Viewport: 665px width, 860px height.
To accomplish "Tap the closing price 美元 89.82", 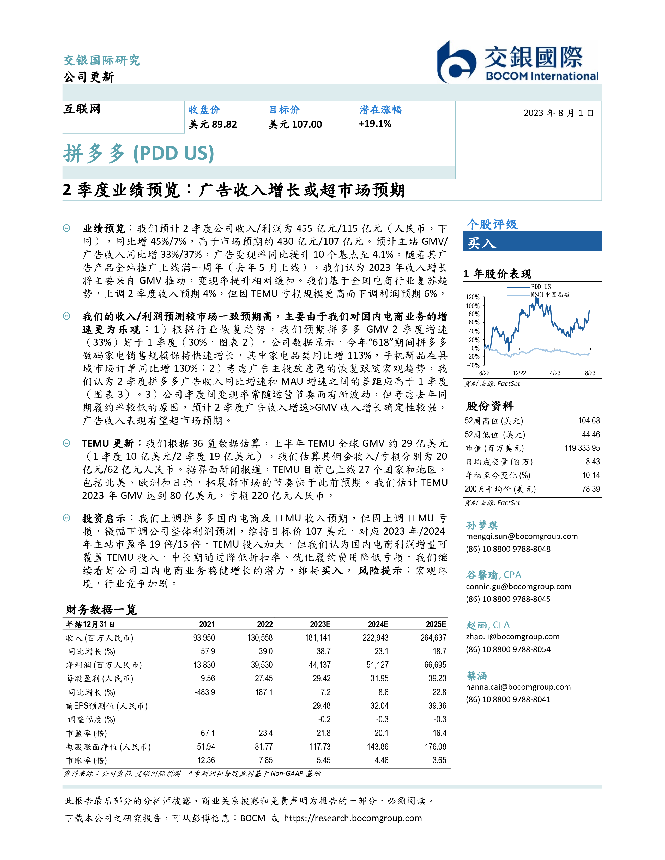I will click(x=213, y=124).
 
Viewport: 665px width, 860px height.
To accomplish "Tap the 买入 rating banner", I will click(x=532, y=242).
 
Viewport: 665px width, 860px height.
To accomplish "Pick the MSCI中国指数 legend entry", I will click(x=550, y=294).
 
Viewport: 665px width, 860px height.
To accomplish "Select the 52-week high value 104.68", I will click(x=589, y=421).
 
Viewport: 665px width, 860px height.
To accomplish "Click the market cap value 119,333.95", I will click(x=582, y=448).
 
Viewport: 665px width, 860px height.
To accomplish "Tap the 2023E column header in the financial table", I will click(x=320, y=624).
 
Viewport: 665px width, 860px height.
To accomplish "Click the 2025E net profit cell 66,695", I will click(x=435, y=665).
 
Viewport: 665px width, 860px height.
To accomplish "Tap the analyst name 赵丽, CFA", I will click(x=488, y=625).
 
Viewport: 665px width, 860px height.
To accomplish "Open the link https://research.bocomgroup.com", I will click(x=353, y=818).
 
